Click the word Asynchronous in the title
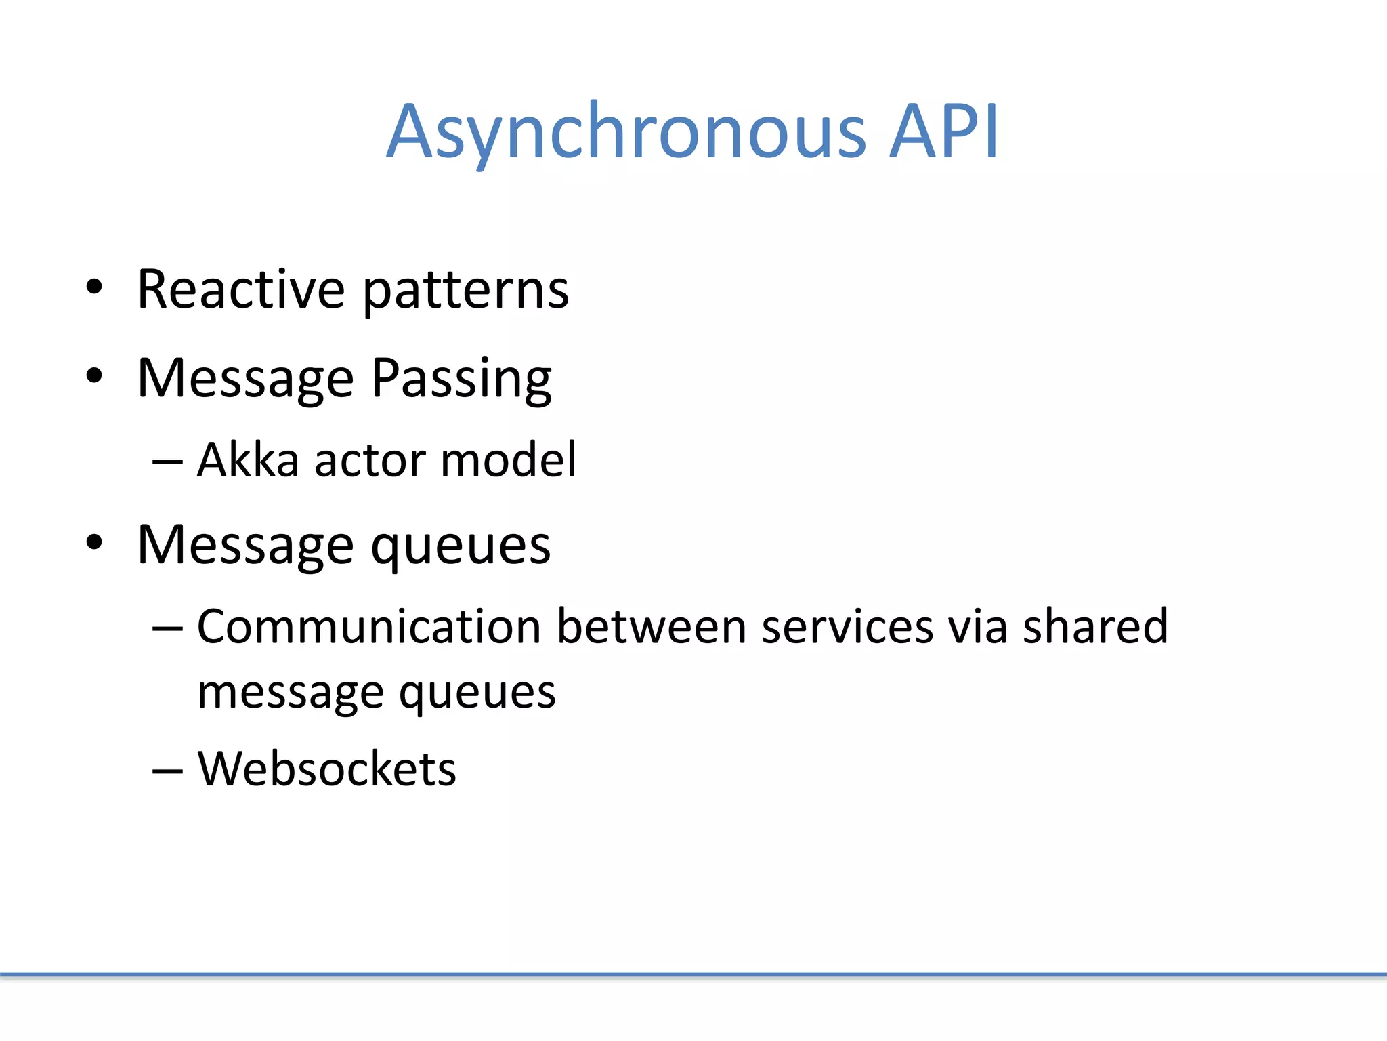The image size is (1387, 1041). coord(626,132)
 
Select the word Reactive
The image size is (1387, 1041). coord(240,289)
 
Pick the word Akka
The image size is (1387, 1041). coord(248,460)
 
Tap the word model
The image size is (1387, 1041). coord(509,460)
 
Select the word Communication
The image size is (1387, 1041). coord(368,626)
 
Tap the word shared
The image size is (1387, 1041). coord(1095,626)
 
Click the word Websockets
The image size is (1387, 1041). coord(326,769)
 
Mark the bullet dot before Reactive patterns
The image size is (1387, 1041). coord(94,287)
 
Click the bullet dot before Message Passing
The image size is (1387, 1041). coord(94,375)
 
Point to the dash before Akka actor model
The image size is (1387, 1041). coord(167,463)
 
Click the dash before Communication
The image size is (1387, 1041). coord(167,629)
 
